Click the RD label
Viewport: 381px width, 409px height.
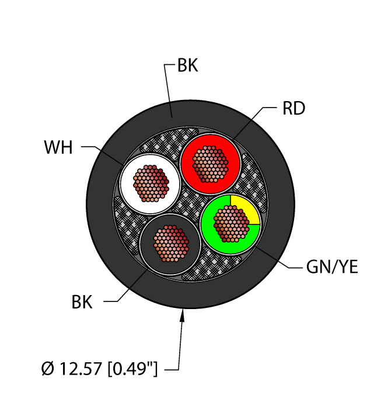click(x=294, y=109)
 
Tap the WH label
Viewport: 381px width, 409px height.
click(x=58, y=147)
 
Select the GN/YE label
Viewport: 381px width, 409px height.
click(x=331, y=268)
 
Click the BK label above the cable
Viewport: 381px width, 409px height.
click(x=188, y=66)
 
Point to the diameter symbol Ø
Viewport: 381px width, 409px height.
click(x=48, y=369)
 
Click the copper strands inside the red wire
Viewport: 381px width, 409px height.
click(x=209, y=161)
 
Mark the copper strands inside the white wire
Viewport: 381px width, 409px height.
click(x=151, y=183)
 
